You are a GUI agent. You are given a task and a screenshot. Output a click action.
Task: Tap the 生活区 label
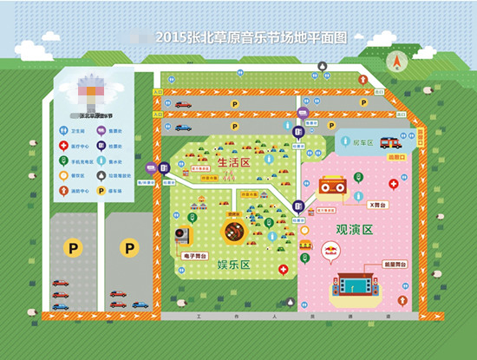pyautogui.click(x=232, y=162)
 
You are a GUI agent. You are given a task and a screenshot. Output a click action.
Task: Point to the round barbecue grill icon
pyautogui.click(x=234, y=232)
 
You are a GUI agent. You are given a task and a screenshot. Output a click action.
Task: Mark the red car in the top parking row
pyautogui.click(x=183, y=105)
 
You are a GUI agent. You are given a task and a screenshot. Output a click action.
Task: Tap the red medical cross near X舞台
pyautogui.click(x=393, y=184)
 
